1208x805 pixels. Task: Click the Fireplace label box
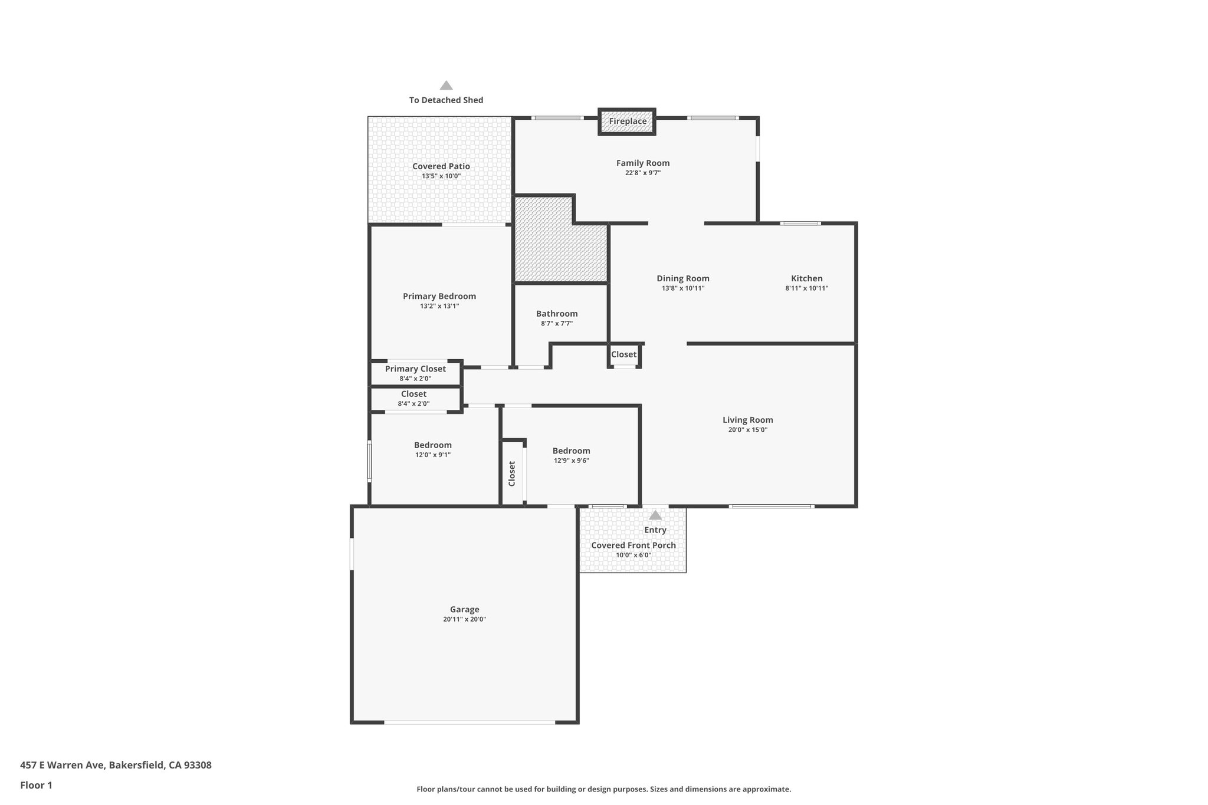tap(627, 121)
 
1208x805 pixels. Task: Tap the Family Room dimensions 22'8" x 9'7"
tap(642, 173)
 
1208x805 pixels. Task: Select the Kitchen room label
tap(806, 278)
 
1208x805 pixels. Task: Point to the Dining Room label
tap(682, 278)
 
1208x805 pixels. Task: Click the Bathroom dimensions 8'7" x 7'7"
tap(556, 324)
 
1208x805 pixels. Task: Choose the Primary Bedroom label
tap(439, 296)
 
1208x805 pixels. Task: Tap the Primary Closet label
tap(415, 369)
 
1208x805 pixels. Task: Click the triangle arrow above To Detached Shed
tap(446, 86)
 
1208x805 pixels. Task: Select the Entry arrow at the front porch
tap(655, 515)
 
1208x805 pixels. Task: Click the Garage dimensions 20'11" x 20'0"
tap(464, 619)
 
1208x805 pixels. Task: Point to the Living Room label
tap(747, 420)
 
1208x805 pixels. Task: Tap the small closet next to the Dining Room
tap(623, 354)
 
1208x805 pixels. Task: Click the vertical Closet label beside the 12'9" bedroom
tap(512, 474)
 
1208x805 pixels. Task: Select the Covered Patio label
tap(441, 166)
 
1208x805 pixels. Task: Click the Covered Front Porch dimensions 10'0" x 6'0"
tap(633, 555)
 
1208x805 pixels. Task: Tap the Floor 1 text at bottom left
tap(36, 785)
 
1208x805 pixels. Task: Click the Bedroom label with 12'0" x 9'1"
tap(432, 445)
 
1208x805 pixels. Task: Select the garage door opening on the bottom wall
tap(470, 722)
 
